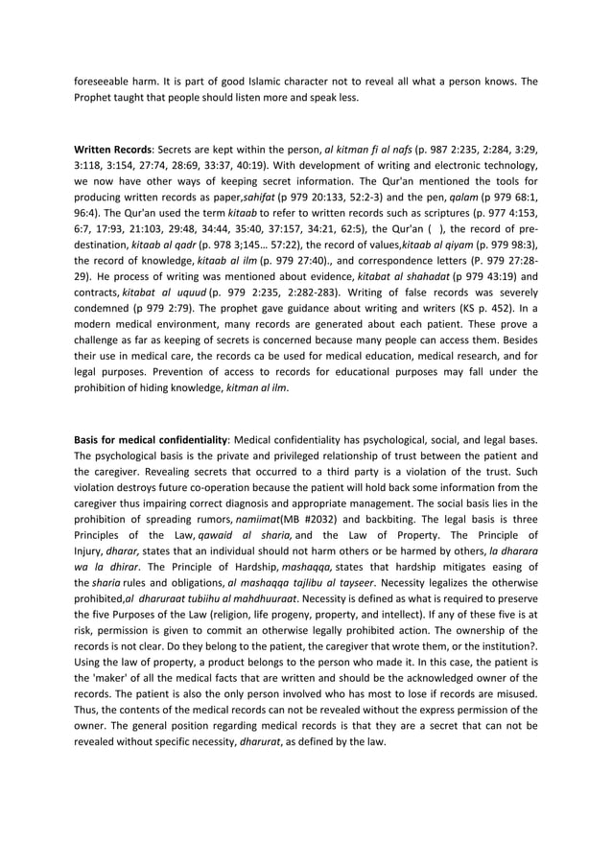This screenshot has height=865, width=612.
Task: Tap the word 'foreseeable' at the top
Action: tap(104, 81)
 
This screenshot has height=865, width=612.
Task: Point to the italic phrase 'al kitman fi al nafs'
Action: tap(368, 150)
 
